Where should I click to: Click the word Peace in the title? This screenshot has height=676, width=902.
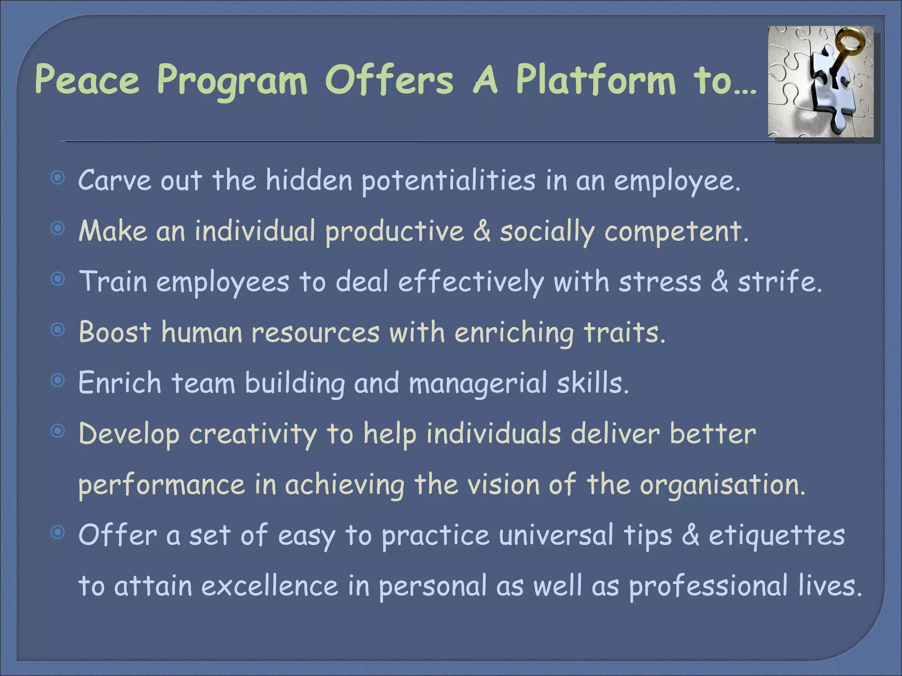87,80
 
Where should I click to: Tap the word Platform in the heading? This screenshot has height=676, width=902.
595,80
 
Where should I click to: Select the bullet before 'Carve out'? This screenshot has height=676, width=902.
58,178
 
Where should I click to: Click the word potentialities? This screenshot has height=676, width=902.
448,181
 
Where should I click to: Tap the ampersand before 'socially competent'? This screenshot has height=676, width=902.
482,231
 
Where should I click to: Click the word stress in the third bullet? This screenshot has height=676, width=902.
659,282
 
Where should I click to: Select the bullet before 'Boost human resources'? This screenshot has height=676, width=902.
58,330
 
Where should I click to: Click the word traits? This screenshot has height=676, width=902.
624,332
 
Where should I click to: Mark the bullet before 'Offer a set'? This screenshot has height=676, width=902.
58,533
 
